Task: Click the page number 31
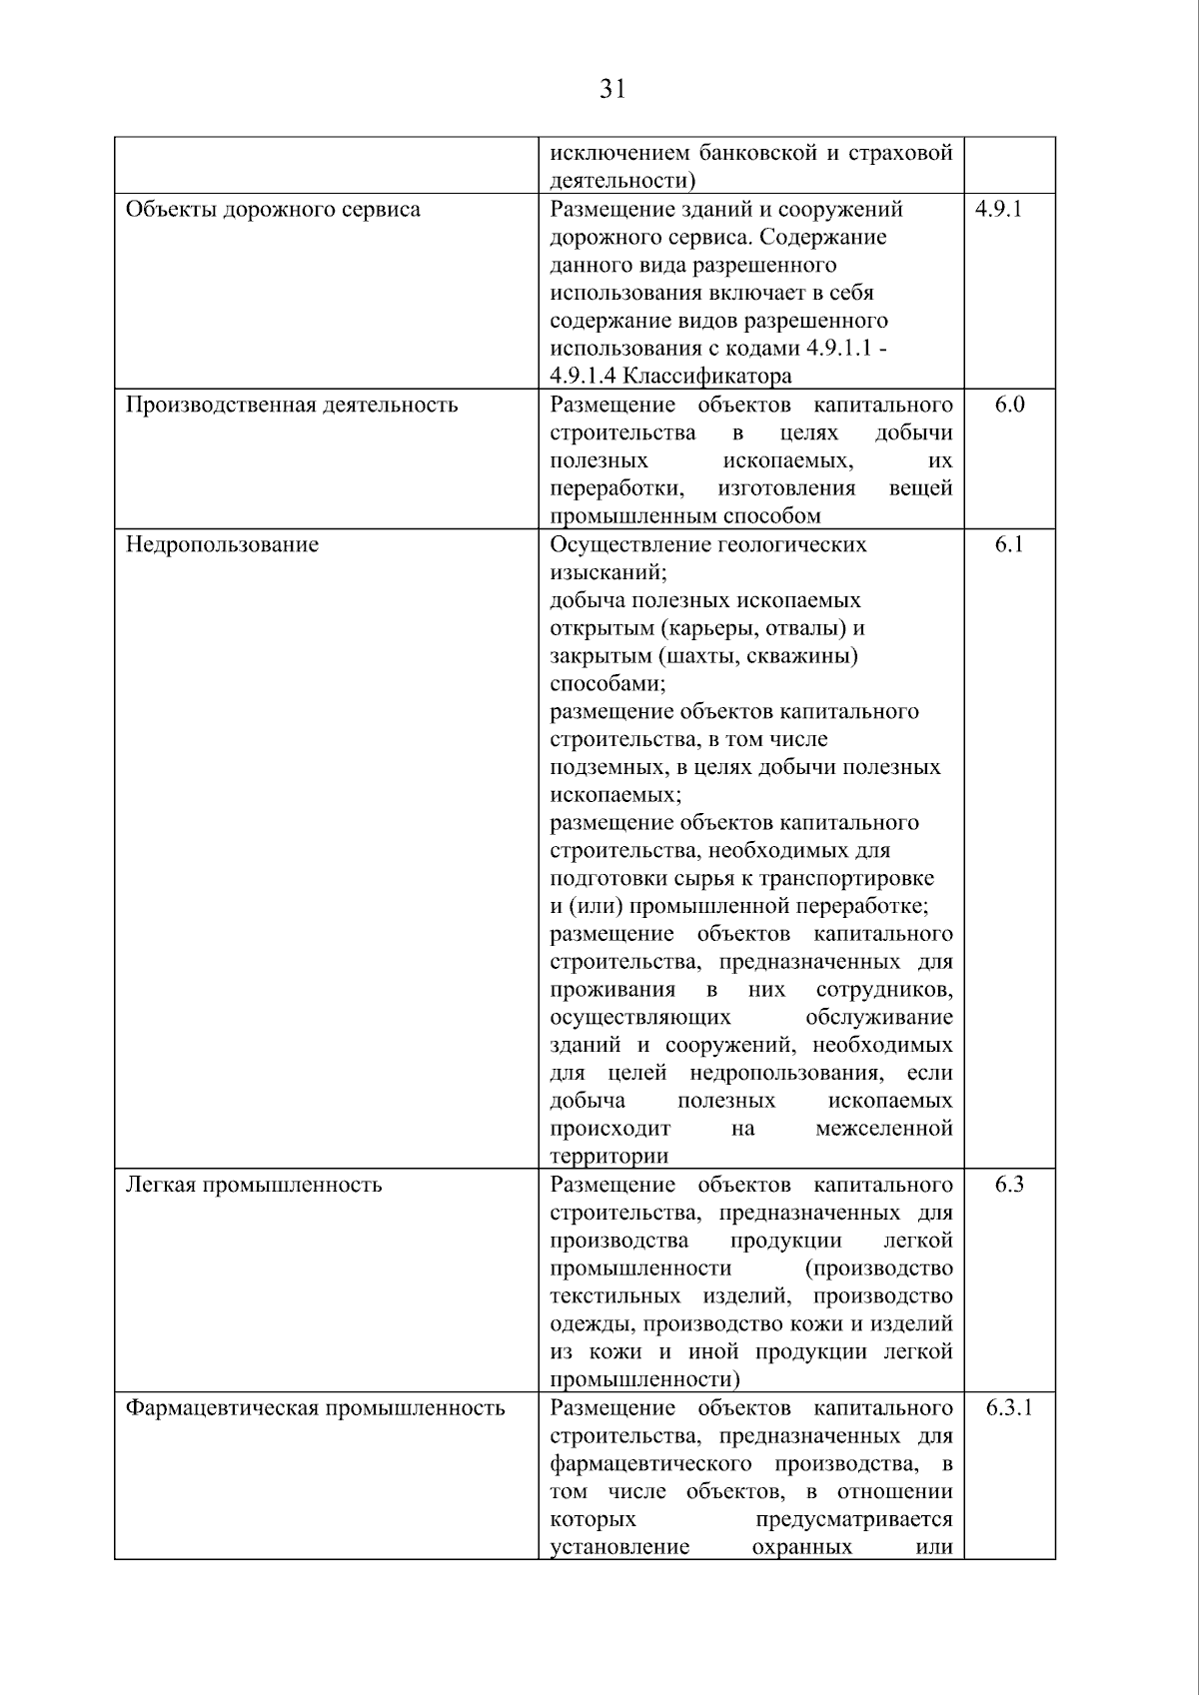pos(612,90)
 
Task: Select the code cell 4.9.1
pos(998,210)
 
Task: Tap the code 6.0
pos(1009,405)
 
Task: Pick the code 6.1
pos(1009,544)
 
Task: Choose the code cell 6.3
pos(1009,1185)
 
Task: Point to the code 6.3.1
pos(1009,1408)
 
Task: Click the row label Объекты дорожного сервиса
pos(273,210)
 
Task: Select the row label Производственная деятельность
pos(292,405)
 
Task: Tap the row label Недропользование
pos(222,544)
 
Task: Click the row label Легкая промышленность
pos(254,1186)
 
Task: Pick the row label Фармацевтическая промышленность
pos(315,1408)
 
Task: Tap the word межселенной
pos(883,1129)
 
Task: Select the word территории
pos(608,1157)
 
